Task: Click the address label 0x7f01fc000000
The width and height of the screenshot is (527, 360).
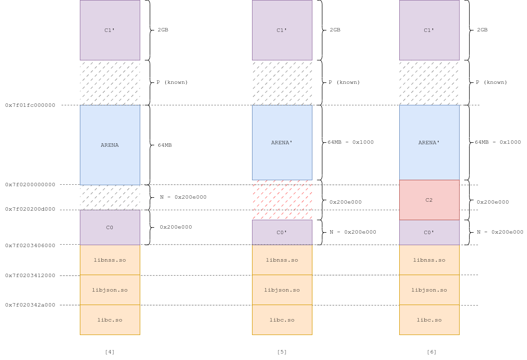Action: pyautogui.click(x=30, y=105)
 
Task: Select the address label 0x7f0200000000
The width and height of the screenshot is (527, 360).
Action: pyautogui.click(x=30, y=185)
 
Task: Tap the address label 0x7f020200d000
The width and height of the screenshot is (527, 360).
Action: pyautogui.click(x=30, y=209)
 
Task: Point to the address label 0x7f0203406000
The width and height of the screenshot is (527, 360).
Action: pyautogui.click(x=30, y=245)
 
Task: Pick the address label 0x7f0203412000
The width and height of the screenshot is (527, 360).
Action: pyautogui.click(x=30, y=275)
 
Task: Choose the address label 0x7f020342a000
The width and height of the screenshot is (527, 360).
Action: pyautogui.click(x=30, y=305)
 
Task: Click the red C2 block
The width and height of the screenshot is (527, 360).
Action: pyautogui.click(x=429, y=200)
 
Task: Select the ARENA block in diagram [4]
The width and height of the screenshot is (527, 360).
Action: pyautogui.click(x=110, y=145)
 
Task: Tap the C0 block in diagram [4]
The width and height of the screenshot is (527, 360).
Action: pyautogui.click(x=110, y=228)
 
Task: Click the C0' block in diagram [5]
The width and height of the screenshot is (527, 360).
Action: pyautogui.click(x=282, y=232)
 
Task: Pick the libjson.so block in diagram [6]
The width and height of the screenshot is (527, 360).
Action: pyautogui.click(x=429, y=290)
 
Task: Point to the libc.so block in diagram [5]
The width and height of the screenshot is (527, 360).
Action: pyautogui.click(x=282, y=320)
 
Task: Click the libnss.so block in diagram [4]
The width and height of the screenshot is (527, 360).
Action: pyautogui.click(x=110, y=260)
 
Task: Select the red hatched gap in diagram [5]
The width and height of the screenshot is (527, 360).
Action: pyautogui.click(x=282, y=200)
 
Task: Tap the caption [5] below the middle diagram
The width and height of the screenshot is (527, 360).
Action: pyautogui.click(x=282, y=352)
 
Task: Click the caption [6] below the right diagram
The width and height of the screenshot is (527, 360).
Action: pyautogui.click(x=432, y=352)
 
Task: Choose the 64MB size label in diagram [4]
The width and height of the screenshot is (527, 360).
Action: pyautogui.click(x=165, y=145)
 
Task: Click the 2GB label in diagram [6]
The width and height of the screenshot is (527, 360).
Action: pyautogui.click(x=482, y=30)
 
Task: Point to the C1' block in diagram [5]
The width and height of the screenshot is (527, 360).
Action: pyautogui.click(x=282, y=30)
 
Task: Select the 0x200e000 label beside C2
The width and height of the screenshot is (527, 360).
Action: pyautogui.click(x=493, y=202)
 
